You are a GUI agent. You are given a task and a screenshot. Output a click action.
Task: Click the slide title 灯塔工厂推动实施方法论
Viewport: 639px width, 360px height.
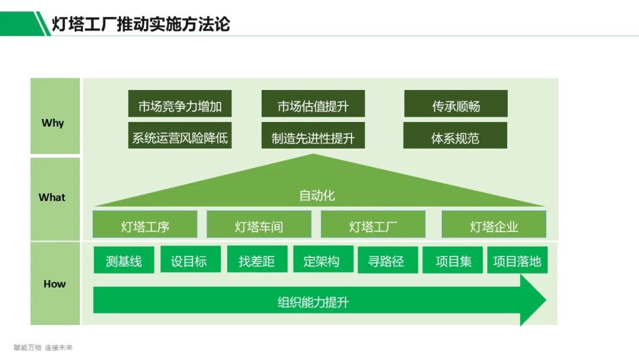[141, 24]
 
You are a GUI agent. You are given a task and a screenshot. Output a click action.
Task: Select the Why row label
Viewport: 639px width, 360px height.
[53, 123]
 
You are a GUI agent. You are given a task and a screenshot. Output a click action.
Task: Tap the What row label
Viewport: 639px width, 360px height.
[52, 197]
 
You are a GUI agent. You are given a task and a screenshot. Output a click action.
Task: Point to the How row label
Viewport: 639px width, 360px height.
[54, 284]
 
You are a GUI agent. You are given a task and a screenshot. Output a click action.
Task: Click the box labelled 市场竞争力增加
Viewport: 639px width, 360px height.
[180, 106]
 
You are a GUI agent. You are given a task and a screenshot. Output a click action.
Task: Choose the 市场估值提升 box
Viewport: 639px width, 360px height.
[313, 106]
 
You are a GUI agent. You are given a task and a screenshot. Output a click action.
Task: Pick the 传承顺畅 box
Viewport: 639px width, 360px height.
[456, 106]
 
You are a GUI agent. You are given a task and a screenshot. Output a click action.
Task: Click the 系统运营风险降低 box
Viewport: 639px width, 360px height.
[180, 138]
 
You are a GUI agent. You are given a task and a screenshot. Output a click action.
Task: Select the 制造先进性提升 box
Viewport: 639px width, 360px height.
[313, 138]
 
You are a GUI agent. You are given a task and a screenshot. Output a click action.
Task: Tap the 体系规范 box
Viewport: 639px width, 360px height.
[455, 138]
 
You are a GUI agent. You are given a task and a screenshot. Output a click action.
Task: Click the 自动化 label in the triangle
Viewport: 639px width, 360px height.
[317, 195]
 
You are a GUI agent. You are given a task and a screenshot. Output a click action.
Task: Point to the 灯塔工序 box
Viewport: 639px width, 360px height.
[145, 226]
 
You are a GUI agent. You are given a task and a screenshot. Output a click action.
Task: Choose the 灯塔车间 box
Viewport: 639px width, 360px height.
[259, 226]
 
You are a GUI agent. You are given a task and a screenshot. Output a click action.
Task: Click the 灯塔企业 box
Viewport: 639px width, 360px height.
[493, 226]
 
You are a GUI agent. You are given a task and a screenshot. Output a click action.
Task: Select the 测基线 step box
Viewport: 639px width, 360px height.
[124, 261]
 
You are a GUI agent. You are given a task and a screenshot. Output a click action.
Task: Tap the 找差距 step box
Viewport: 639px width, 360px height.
[257, 261]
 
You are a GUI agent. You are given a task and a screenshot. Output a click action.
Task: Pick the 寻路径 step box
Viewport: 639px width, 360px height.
[387, 261]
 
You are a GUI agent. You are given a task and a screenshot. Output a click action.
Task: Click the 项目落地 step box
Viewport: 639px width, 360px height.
[517, 261]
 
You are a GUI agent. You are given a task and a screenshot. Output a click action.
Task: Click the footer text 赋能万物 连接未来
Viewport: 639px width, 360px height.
[43, 348]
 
